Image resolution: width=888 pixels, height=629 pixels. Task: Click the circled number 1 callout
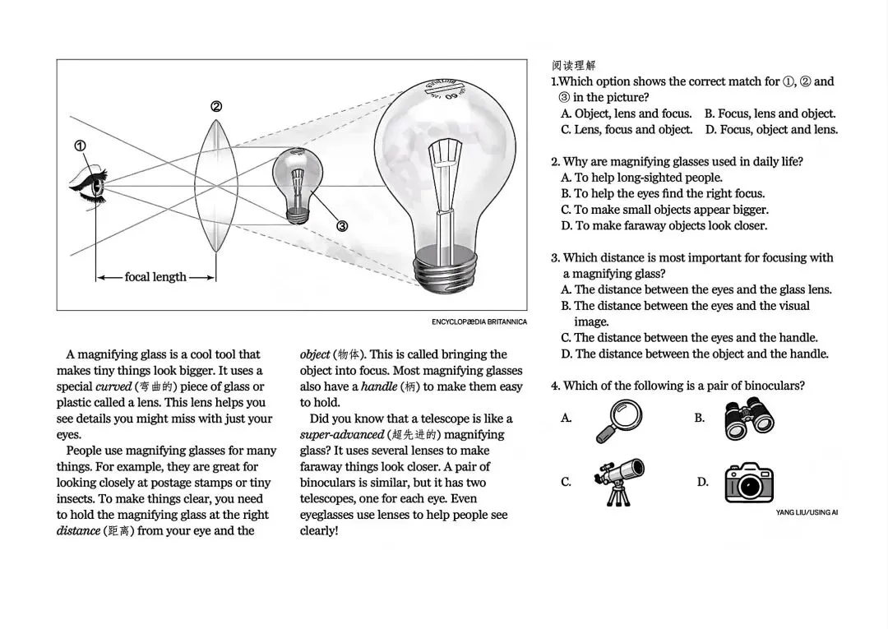click(x=80, y=146)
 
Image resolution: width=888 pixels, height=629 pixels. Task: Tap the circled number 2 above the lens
click(x=216, y=106)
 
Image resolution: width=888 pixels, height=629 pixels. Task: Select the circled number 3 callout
click(x=342, y=226)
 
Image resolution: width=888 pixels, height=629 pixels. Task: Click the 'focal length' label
click(x=155, y=277)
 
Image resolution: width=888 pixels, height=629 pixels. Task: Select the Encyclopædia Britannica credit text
click(x=479, y=321)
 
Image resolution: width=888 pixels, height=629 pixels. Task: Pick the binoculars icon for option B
click(x=749, y=419)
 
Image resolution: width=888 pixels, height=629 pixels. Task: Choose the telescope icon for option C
click(x=619, y=481)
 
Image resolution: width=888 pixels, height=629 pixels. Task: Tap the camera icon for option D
click(x=749, y=483)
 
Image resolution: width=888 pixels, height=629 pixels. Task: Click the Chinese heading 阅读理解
click(x=574, y=65)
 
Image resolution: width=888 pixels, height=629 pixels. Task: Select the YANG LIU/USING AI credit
click(x=807, y=512)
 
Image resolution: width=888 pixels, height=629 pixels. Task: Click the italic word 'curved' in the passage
click(x=113, y=386)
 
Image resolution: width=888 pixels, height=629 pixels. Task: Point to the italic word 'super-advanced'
click(x=341, y=434)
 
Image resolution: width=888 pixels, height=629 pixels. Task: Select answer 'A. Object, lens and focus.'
click(x=626, y=113)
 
